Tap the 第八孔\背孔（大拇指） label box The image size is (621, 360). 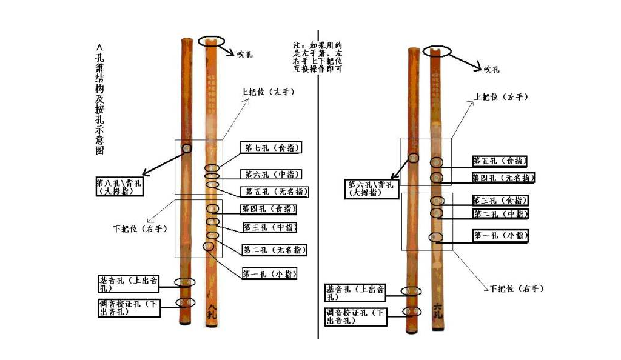[119, 186]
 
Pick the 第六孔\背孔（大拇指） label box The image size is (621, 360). [371, 188]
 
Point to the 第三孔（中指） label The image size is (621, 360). [270, 228]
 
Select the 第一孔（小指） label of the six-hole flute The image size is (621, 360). [500, 235]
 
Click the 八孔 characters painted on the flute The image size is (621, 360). [211, 311]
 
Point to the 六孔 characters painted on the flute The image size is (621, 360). [438, 310]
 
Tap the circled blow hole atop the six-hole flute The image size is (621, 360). [437, 50]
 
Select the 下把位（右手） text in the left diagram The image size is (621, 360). [139, 229]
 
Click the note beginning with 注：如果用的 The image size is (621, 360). [317, 57]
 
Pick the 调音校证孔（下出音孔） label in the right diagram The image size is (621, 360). [355, 316]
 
